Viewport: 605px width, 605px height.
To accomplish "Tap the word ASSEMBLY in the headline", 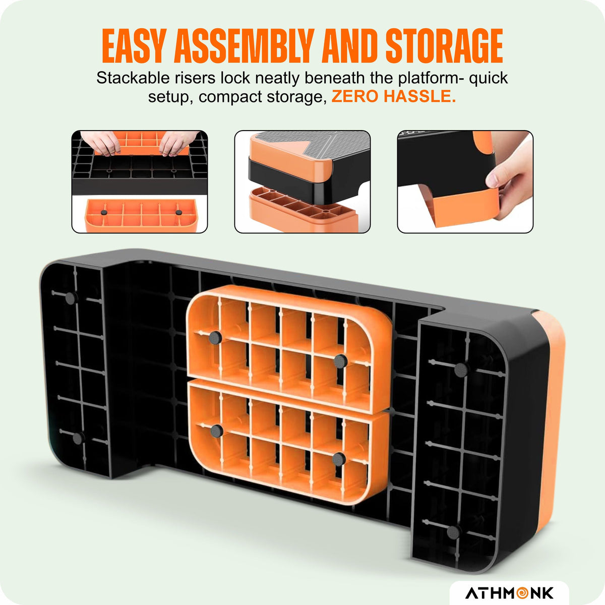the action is tap(244, 46).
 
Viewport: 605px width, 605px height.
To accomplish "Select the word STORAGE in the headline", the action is tap(444, 46).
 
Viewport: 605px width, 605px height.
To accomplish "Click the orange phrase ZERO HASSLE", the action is tap(394, 96).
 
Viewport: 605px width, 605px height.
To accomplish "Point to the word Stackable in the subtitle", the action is tap(132, 78).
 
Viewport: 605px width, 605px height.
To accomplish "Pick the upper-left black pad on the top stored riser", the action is tap(215, 337).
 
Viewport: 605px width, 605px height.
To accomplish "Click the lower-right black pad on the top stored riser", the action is tap(340, 361).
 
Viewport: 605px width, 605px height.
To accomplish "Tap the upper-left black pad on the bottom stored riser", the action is tap(217, 431).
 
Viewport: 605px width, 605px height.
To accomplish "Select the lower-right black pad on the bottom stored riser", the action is tap(339, 459).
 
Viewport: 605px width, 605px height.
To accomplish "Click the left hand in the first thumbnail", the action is tap(100, 143).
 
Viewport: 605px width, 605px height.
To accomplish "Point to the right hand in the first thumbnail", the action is tap(177, 143).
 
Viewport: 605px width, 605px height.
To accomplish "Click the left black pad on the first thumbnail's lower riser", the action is tap(104, 213).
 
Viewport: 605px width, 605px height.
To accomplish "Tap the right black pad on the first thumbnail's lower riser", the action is tap(178, 213).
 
